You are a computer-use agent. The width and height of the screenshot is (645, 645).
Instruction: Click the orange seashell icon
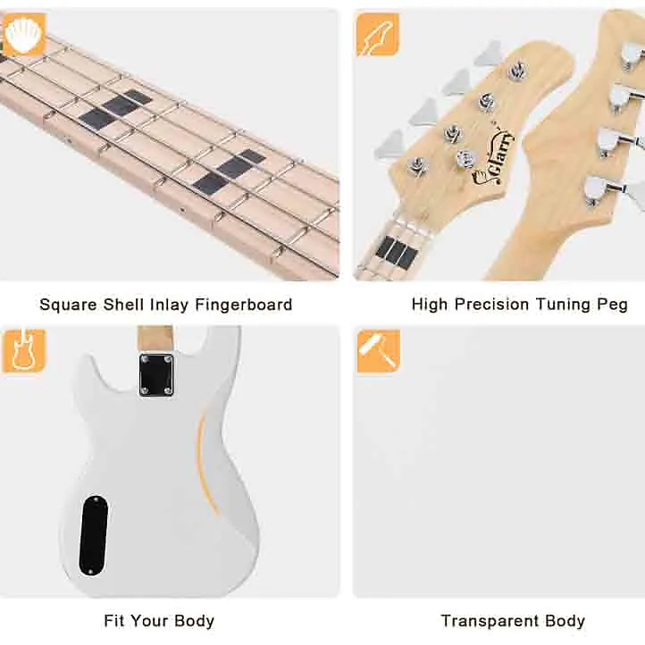coord(24,36)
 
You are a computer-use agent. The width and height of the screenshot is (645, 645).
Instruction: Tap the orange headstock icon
coord(378,35)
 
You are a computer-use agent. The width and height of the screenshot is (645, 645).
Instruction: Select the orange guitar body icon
coord(24,351)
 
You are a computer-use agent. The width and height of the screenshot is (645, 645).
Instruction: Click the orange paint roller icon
coord(379,351)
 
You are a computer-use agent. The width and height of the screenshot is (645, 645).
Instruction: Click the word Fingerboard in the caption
coord(244,305)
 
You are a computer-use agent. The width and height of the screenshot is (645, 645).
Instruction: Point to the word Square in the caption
coord(69,305)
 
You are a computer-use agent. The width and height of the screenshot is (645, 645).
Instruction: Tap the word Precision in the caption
coord(491,305)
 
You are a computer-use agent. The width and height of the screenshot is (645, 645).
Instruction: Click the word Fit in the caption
coord(113,620)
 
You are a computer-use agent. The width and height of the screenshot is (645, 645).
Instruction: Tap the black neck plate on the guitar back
coord(156,375)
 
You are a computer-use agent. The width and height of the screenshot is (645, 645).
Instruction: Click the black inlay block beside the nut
coord(397,250)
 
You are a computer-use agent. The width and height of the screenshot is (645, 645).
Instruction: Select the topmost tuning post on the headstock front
coord(516,69)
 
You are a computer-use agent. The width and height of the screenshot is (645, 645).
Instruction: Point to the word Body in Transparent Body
coord(565,621)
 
